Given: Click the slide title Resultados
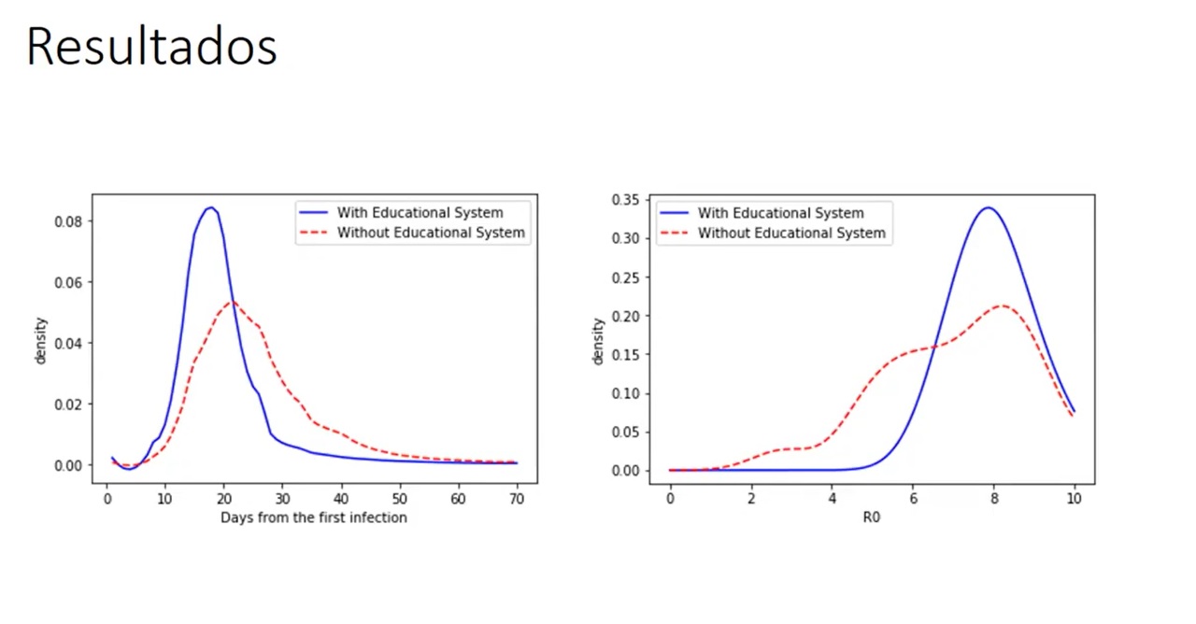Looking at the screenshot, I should [151, 47].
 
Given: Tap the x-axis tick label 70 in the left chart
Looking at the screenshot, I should [517, 499].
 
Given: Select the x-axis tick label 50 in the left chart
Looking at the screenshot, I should [400, 499].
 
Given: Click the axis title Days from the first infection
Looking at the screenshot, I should [313, 518].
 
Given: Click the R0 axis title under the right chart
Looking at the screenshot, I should [872, 517].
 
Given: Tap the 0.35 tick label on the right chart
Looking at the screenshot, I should [625, 200].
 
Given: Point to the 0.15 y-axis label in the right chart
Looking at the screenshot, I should [625, 355].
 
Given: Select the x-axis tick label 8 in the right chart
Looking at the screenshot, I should [993, 500].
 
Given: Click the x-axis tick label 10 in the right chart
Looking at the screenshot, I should [1075, 500].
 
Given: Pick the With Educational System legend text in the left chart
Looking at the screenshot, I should [420, 213].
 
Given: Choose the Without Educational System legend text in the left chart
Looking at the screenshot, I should [431, 233].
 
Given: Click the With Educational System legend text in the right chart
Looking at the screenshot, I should [780, 213].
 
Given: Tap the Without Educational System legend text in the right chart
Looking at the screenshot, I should [791, 233].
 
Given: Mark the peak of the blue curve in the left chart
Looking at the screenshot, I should [211, 207].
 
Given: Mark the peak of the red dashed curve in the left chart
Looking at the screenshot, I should [233, 302].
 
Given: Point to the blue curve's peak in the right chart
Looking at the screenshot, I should [988, 207].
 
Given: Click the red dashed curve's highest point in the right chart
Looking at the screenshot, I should [1001, 305].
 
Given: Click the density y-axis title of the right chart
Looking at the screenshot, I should [599, 340].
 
